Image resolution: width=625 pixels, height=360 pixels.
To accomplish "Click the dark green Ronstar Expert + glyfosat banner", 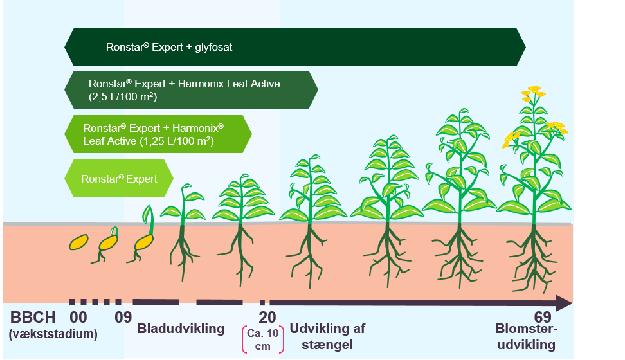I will [294, 47].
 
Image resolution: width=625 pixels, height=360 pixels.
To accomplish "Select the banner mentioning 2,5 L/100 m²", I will [191, 89].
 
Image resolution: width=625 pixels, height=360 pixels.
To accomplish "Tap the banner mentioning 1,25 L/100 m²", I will [158, 134].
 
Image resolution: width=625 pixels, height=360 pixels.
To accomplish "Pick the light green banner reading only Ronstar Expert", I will [120, 178].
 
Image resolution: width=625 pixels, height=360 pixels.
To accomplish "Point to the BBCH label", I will [33, 317].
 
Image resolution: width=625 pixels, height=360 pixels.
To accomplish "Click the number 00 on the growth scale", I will [78, 317].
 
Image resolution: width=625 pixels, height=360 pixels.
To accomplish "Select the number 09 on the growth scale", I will [123, 317].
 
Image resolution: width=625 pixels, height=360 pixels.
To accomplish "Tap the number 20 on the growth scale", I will [267, 317].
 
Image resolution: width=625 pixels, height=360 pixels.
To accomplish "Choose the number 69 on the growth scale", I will [543, 317].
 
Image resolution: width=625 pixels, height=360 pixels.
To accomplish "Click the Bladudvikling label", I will [181, 329].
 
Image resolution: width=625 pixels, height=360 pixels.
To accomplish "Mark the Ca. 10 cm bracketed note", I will [262, 339].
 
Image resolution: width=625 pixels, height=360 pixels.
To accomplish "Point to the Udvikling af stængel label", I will [327, 336].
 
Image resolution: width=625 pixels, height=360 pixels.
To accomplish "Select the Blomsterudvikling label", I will [527, 339].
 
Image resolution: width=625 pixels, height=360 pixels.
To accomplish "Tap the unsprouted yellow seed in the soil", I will [78, 242].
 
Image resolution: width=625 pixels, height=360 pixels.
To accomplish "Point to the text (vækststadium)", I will [53, 334].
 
